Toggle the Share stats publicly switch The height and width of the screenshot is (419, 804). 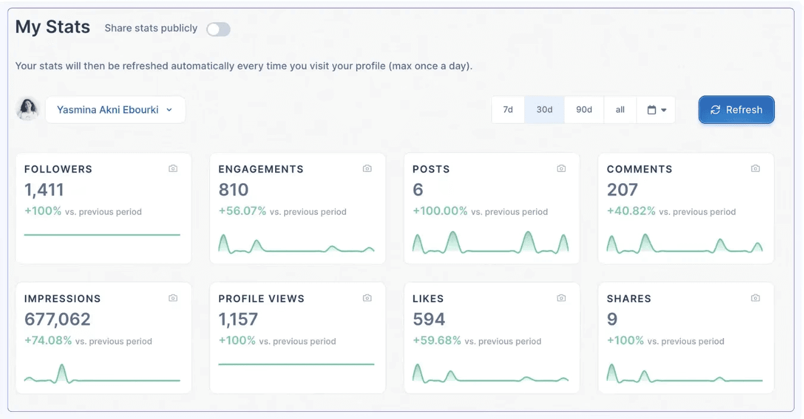click(x=218, y=29)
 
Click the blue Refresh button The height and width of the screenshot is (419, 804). click(x=736, y=110)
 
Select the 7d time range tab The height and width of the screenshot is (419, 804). click(x=508, y=110)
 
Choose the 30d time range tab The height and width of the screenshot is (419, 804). click(x=544, y=110)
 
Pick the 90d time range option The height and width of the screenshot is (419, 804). click(x=584, y=110)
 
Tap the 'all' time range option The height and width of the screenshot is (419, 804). click(x=620, y=110)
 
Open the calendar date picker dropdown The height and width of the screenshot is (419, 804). click(x=656, y=110)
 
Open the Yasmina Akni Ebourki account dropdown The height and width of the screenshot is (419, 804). click(x=115, y=110)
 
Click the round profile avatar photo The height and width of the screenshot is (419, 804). click(x=27, y=109)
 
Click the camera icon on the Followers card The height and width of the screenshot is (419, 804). click(x=173, y=168)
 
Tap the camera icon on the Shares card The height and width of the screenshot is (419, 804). click(x=755, y=298)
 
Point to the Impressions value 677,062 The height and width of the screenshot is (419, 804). click(x=57, y=320)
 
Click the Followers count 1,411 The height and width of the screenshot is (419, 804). click(x=44, y=190)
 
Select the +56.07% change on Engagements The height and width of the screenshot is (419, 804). click(x=242, y=211)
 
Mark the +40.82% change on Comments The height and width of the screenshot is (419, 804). click(x=631, y=211)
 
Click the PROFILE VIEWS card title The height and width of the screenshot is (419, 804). click(x=261, y=299)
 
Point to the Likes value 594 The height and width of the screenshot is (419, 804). click(x=429, y=320)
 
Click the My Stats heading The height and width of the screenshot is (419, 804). click(x=52, y=27)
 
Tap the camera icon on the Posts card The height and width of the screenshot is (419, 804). click(x=561, y=168)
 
